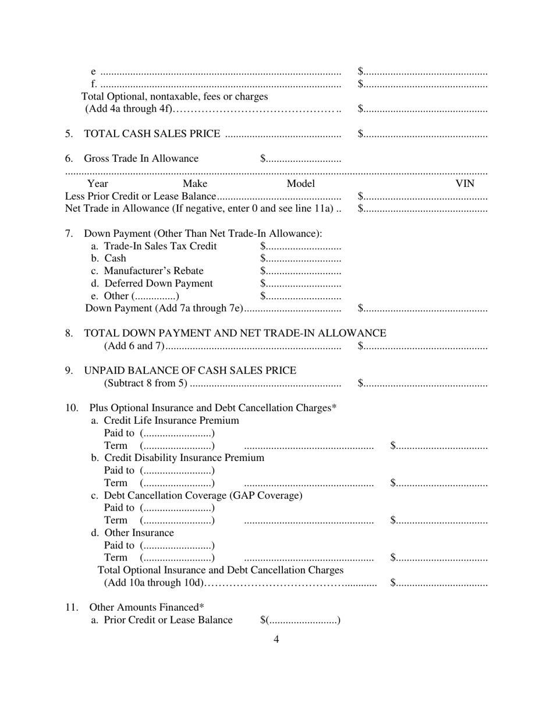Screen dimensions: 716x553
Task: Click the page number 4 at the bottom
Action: (276, 639)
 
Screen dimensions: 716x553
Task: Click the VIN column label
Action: (465, 184)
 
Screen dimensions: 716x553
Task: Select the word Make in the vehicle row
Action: (195, 184)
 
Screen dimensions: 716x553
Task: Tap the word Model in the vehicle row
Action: (300, 184)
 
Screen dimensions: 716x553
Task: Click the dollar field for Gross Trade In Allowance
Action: (300, 159)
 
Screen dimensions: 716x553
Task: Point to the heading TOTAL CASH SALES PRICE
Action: (153, 134)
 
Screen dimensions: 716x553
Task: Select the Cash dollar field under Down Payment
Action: (300, 258)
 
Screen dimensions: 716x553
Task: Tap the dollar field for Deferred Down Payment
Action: (300, 283)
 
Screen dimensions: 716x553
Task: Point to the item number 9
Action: (69, 371)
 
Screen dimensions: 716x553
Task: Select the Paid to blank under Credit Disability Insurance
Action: (178, 470)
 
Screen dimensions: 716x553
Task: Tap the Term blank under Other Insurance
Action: (178, 558)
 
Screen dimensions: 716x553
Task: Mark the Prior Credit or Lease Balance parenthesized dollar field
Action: (300, 621)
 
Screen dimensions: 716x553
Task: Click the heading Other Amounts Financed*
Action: (147, 608)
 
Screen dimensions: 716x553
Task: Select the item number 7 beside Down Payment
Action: (69, 233)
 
